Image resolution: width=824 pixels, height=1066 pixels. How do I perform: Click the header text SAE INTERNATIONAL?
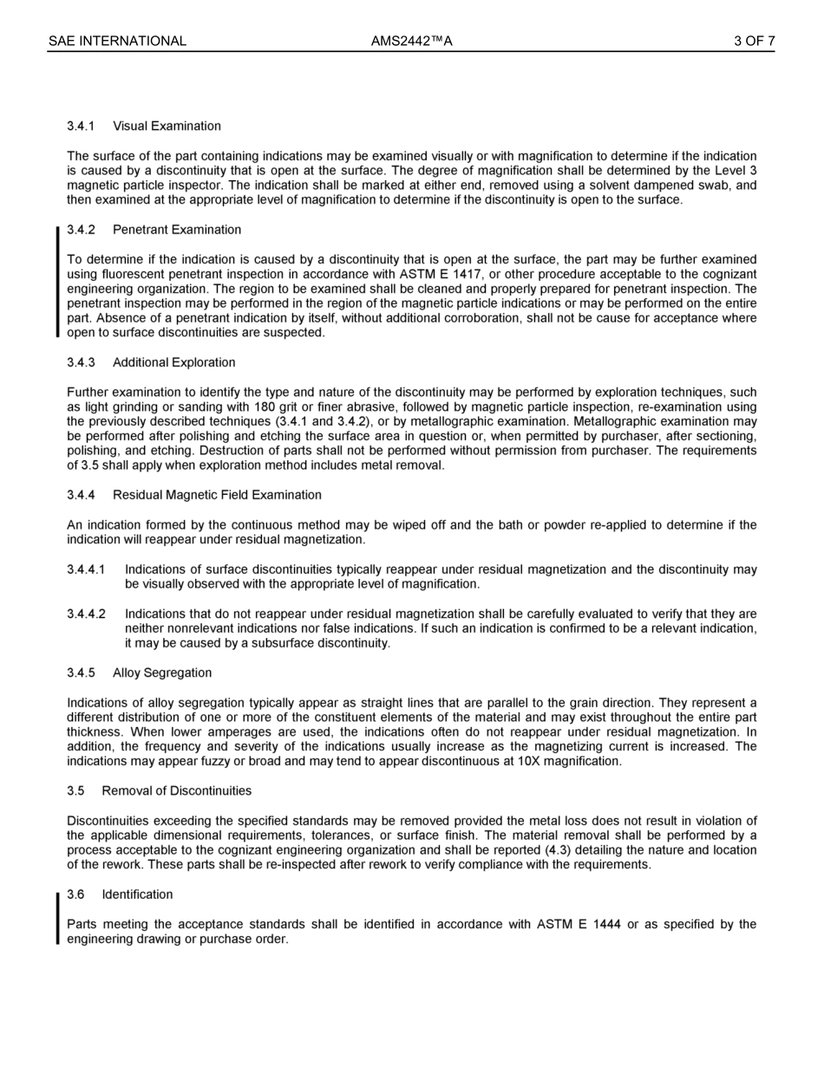click(117, 41)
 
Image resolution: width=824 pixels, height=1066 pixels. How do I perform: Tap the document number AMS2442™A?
click(411, 41)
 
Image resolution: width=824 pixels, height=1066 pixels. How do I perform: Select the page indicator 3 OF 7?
click(754, 41)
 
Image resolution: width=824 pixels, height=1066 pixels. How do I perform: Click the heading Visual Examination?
click(167, 127)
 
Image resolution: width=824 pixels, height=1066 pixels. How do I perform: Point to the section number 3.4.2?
click(81, 230)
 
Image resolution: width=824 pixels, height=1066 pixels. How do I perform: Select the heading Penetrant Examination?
click(177, 230)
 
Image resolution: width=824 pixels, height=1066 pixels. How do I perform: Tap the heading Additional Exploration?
click(173, 362)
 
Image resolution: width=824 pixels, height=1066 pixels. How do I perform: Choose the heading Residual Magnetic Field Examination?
click(217, 495)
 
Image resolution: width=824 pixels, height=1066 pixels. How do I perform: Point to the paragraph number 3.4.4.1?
click(86, 569)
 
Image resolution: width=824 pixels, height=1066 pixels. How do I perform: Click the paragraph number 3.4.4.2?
click(86, 614)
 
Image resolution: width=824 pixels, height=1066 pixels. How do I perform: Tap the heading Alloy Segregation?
click(161, 673)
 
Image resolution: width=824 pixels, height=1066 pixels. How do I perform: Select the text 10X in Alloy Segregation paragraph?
click(537, 761)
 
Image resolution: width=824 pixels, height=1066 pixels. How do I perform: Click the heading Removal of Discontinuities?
click(176, 790)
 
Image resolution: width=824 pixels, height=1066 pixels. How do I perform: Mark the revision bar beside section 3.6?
click(58, 917)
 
